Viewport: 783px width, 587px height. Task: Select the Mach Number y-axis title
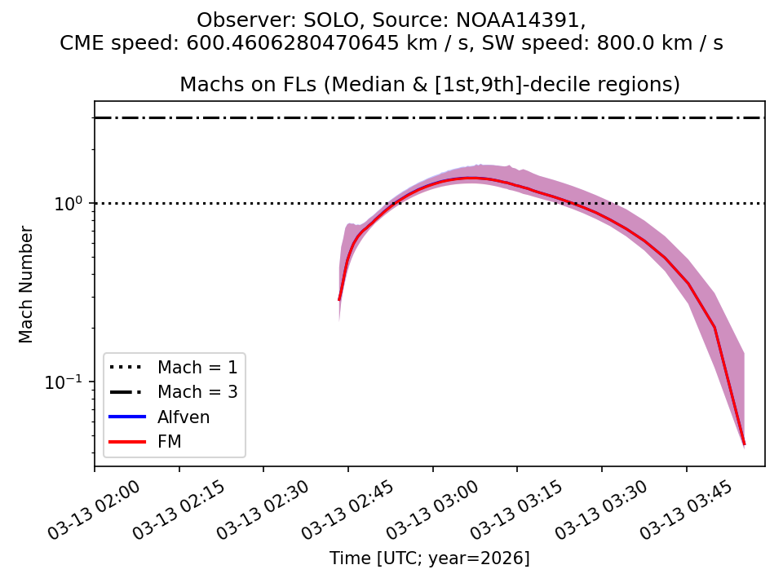click(x=27, y=285)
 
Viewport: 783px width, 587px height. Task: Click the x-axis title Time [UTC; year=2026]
click(x=429, y=558)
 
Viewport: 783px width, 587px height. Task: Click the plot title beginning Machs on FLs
click(x=429, y=85)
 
